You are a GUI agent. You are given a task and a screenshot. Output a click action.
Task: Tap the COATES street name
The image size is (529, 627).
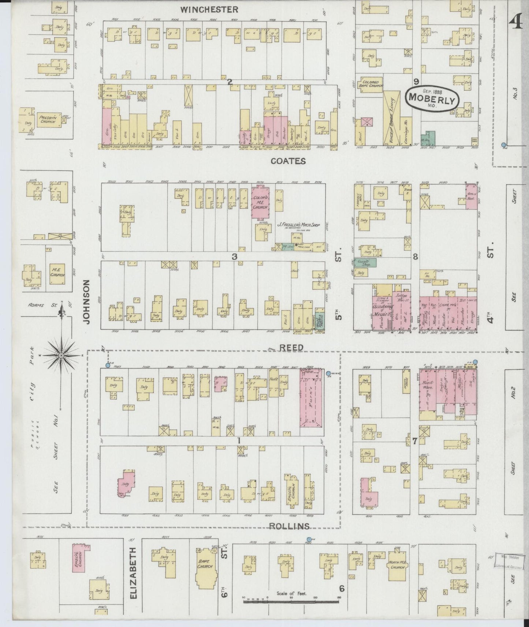click(288, 161)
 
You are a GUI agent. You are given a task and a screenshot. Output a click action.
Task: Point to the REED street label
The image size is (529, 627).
click(291, 347)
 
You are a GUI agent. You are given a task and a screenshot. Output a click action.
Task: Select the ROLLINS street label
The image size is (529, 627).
click(289, 526)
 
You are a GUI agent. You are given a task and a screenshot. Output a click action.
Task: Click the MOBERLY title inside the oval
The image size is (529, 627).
click(432, 98)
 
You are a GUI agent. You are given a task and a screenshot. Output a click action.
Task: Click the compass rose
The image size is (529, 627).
click(62, 355)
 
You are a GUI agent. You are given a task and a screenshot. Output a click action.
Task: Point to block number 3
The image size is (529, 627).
click(234, 257)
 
